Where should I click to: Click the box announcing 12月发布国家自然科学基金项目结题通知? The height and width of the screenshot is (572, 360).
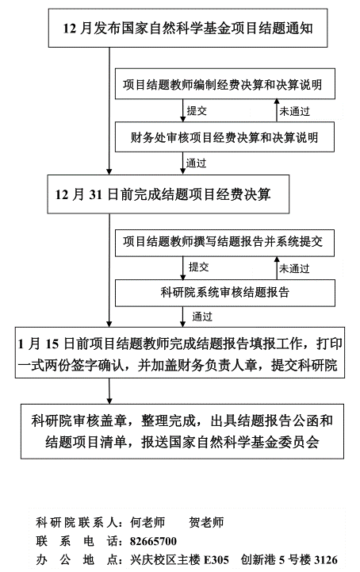[x=188, y=28]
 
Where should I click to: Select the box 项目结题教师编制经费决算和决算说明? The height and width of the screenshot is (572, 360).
[x=225, y=84]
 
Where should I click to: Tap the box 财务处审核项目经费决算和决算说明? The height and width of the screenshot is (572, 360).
[x=224, y=136]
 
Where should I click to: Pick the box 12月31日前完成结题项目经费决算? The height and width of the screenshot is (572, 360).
[x=168, y=194]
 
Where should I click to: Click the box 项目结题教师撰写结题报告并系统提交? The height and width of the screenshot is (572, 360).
[x=224, y=243]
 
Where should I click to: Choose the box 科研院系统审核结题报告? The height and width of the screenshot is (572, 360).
[x=225, y=293]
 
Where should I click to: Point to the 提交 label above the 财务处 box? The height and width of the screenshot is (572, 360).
[x=197, y=110]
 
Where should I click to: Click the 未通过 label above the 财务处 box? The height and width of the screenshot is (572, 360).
[x=294, y=111]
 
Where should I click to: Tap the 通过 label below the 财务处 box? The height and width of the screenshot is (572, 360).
[x=196, y=163]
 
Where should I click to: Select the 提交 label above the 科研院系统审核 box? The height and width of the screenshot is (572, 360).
[x=199, y=267]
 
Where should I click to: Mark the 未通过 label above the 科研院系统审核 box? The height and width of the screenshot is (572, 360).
[x=294, y=269]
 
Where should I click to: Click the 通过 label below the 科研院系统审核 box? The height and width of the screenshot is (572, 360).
[x=202, y=317]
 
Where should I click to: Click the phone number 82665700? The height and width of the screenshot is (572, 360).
[x=153, y=541]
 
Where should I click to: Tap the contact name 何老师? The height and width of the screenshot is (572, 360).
[x=147, y=522]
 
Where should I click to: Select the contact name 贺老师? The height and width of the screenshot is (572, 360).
[x=206, y=522]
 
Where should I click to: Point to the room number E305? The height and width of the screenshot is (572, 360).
[x=216, y=560]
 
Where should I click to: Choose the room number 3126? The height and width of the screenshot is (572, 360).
[x=326, y=560]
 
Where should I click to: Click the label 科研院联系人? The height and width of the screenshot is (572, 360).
[x=76, y=522]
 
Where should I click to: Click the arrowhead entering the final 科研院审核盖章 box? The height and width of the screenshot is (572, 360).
[x=109, y=401]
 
